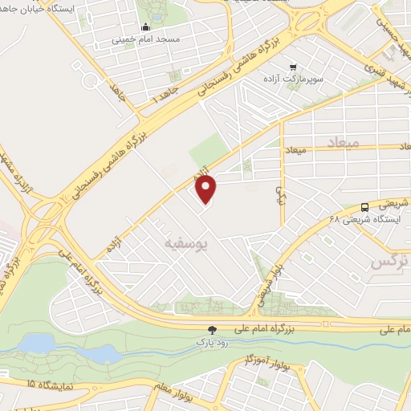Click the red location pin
coord(207,189)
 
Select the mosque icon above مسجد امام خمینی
coord(145,26)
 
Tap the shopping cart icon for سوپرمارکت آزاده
coord(294,67)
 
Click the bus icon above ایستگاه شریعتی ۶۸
coord(365,205)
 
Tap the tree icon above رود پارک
coord(213,329)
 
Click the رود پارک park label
coord(213,343)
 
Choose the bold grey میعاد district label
coord(342,141)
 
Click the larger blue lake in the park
coord(36,344)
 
